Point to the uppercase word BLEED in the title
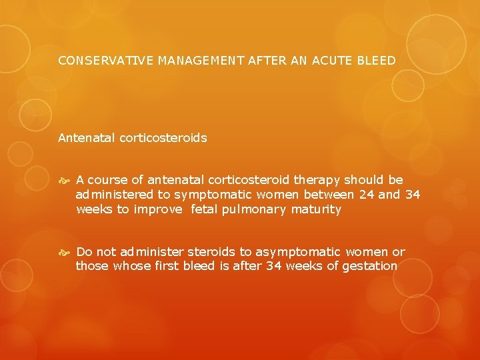377,61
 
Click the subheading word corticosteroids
163,139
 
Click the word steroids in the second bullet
211,252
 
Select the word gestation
369,267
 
